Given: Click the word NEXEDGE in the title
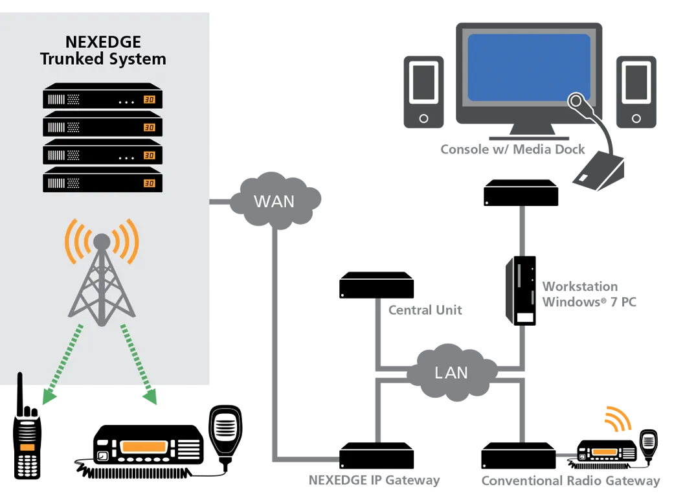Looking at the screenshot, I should click(102, 42).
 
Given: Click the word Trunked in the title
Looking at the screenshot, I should click(69, 59).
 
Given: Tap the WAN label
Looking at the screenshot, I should click(274, 201).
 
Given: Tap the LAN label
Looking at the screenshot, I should click(451, 373).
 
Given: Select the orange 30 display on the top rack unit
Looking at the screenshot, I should click(150, 100).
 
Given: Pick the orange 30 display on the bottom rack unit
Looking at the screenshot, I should click(150, 183).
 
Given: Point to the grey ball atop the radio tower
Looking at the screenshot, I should click(102, 242).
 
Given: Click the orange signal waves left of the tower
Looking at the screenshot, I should click(73, 241).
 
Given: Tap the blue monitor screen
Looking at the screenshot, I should click(528, 67).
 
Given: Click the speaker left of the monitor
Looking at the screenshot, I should click(423, 82).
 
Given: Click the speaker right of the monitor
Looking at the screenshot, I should click(636, 82).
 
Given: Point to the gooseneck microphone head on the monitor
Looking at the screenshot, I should click(576, 102).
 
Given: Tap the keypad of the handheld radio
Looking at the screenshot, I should click(27, 464).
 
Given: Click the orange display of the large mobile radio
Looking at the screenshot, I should click(144, 447).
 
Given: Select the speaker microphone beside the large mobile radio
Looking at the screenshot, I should click(225, 429).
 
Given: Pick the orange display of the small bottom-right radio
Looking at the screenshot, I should click(604, 452).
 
